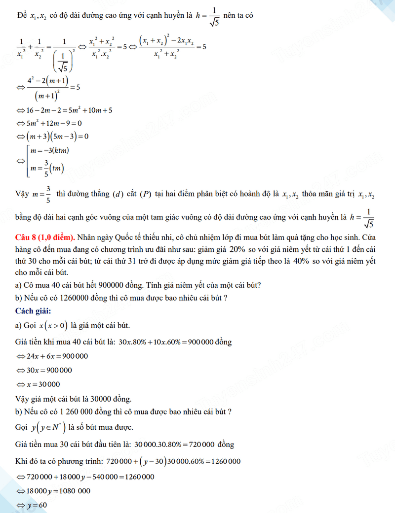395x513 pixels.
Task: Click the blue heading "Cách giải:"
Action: tap(33, 310)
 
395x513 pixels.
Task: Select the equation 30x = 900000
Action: tap(46, 371)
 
